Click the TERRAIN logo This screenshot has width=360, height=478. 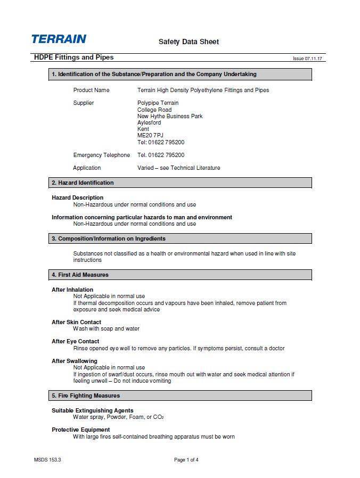(x=59, y=39)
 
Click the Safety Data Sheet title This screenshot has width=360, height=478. (x=189, y=42)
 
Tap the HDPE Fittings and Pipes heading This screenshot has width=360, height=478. (x=73, y=57)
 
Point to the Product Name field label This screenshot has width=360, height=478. (x=91, y=90)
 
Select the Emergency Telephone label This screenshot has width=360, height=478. (x=101, y=155)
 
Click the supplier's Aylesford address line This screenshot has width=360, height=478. (x=149, y=122)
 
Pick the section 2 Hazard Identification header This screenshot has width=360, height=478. (x=83, y=183)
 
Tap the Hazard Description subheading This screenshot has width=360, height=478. (x=77, y=197)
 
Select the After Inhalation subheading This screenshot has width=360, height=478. (x=72, y=290)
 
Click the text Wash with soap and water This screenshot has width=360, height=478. (x=106, y=328)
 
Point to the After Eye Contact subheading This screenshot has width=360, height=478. (x=75, y=341)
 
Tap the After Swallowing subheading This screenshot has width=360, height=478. (x=75, y=361)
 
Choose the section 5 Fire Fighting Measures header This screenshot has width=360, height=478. (x=86, y=395)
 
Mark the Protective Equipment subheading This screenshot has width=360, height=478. (x=80, y=430)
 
